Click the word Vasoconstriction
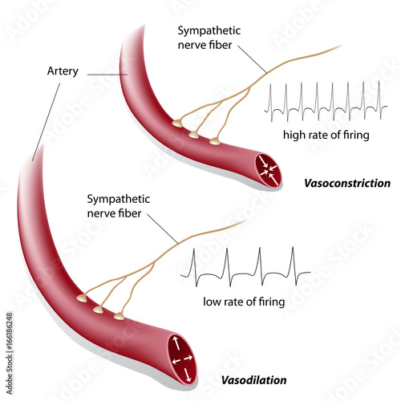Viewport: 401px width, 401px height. click(x=347, y=183)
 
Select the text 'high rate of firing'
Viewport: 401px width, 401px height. click(x=326, y=135)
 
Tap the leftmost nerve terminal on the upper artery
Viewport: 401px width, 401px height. click(x=176, y=123)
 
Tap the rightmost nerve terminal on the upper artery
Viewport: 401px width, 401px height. click(x=214, y=141)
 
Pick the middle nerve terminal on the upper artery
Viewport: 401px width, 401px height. click(x=193, y=134)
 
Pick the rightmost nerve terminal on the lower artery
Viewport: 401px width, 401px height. click(x=119, y=316)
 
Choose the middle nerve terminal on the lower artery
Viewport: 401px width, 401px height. click(x=98, y=309)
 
